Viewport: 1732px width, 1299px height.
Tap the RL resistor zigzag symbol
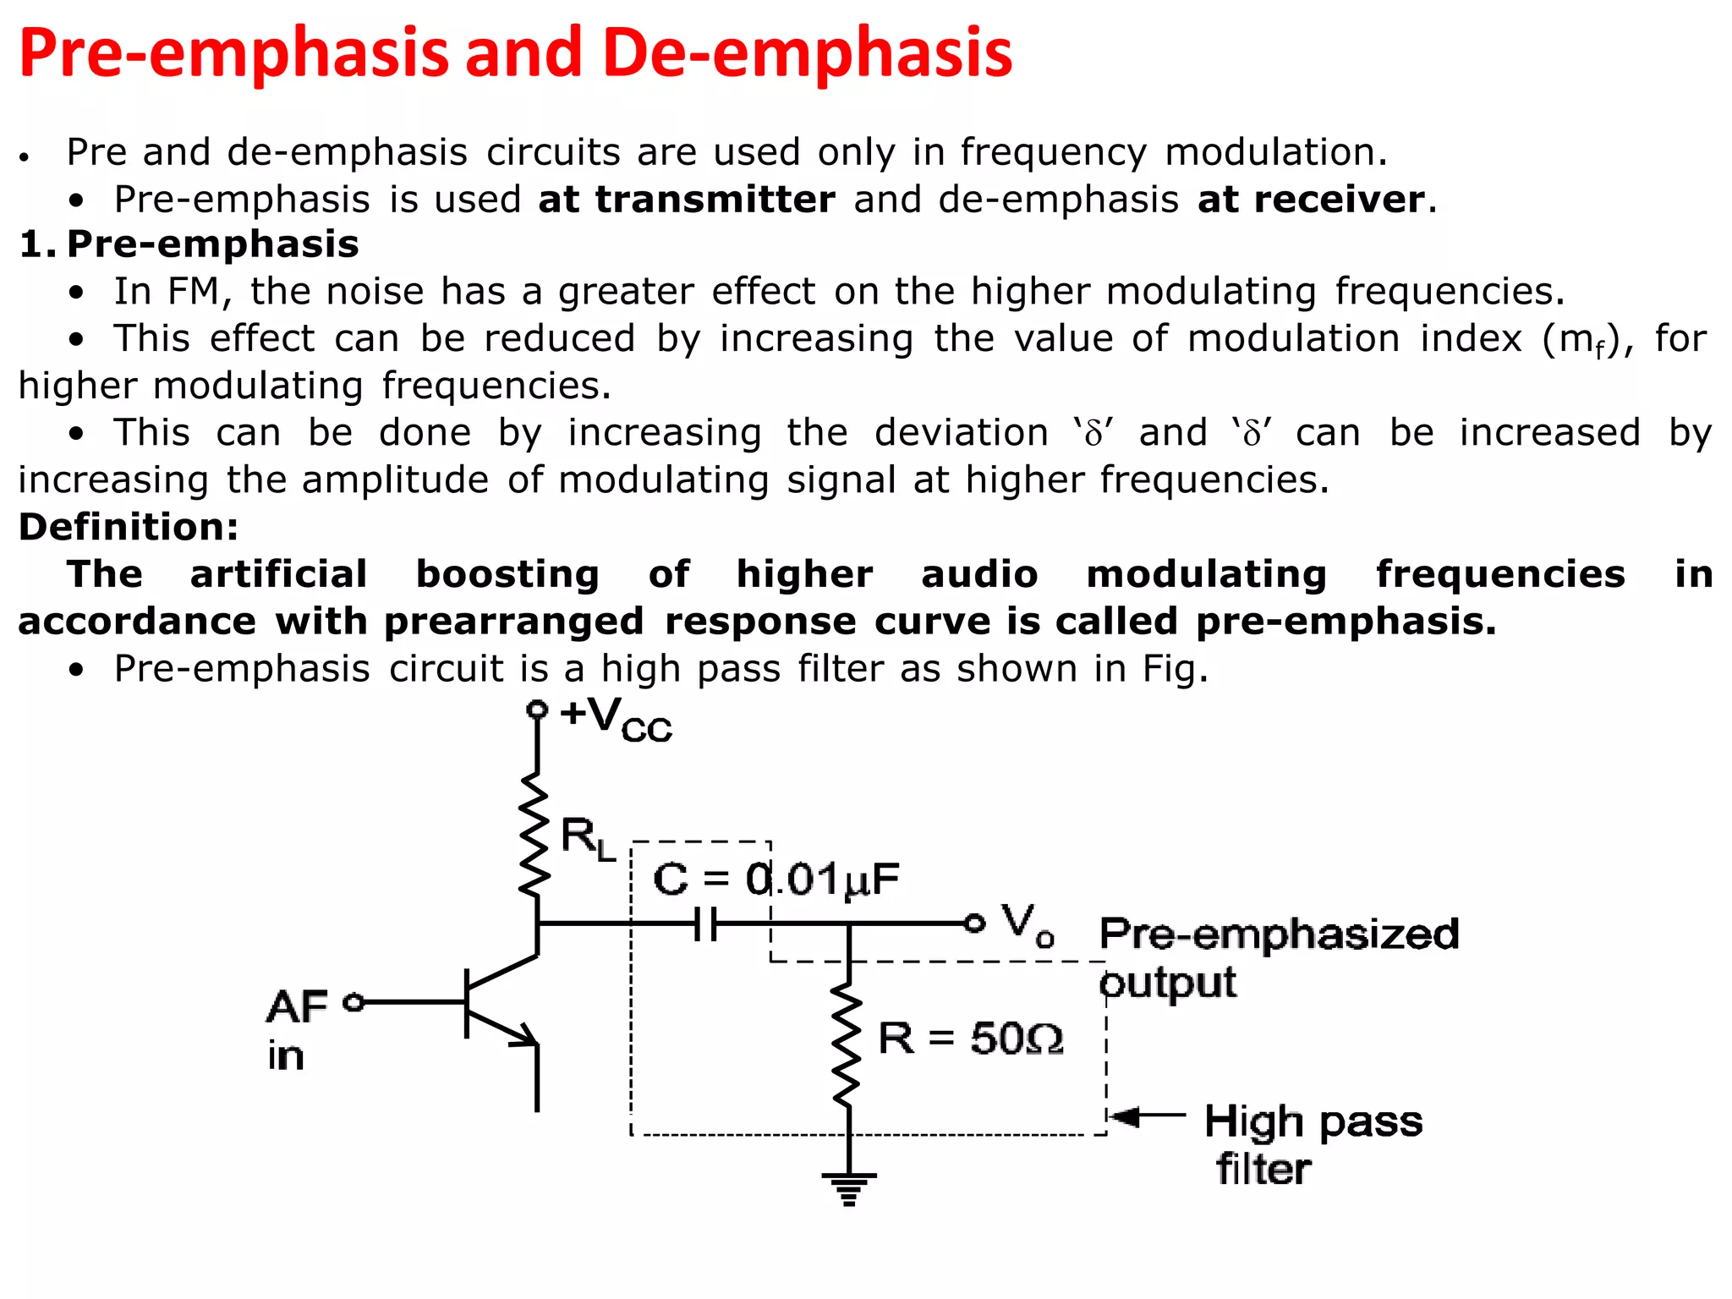pyautogui.click(x=534, y=834)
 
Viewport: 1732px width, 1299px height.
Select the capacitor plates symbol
pyautogui.click(x=706, y=924)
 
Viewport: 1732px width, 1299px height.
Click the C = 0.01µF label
pyautogui.click(x=776, y=880)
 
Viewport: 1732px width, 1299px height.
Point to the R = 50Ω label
pyautogui.click(x=970, y=1039)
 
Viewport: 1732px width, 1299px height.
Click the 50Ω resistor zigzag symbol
pyautogui.click(x=847, y=1045)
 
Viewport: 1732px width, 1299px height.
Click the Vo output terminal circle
pyautogui.click(x=975, y=924)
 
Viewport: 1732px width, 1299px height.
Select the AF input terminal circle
pyautogui.click(x=354, y=1002)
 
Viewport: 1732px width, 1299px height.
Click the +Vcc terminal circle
pyautogui.click(x=537, y=709)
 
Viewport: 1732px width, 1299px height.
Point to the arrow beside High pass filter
pyautogui.click(x=1147, y=1116)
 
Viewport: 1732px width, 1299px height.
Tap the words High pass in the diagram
pyautogui.click(x=1313, y=1123)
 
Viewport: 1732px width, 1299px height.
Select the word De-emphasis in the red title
pyautogui.click(x=808, y=52)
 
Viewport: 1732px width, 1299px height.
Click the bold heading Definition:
pyautogui.click(x=129, y=527)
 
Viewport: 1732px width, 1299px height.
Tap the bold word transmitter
pyautogui.click(x=715, y=200)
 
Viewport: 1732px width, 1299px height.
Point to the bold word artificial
pyautogui.click(x=279, y=574)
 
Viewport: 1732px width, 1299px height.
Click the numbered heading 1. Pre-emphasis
pyautogui.click(x=189, y=244)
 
